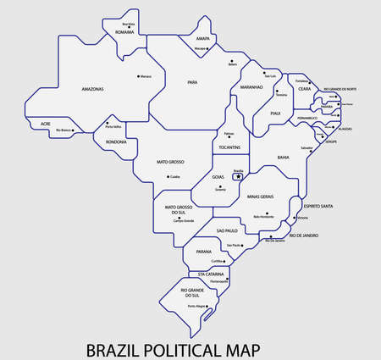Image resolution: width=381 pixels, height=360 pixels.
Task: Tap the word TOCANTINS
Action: (229, 148)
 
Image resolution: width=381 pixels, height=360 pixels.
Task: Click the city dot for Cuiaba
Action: (168, 176)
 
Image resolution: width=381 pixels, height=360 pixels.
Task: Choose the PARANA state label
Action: (202, 251)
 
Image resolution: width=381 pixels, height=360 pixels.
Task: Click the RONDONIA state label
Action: (115, 141)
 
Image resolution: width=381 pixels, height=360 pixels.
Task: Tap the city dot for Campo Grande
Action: (179, 218)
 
